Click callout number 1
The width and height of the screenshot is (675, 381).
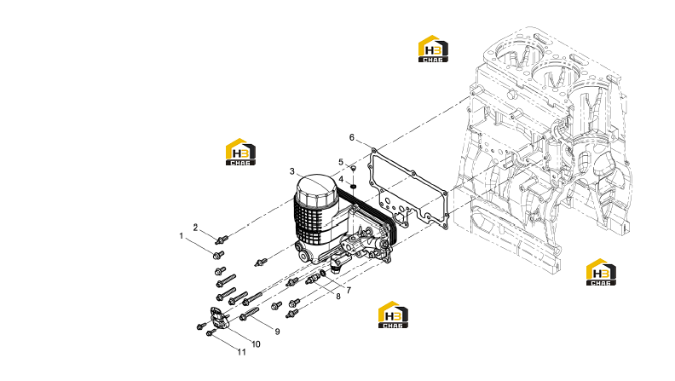pos(182,236)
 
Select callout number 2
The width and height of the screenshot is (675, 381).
pos(195,228)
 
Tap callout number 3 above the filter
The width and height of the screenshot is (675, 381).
pos(291,172)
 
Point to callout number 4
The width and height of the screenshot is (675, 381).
pos(341,179)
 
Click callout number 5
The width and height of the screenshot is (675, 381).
pos(341,162)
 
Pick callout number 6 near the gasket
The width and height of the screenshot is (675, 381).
pos(352,137)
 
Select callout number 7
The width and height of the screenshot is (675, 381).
pos(349,290)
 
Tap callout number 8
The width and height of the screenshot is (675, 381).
pos(338,296)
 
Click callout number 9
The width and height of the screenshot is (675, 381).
pos(277,331)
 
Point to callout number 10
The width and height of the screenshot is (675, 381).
pos(256,344)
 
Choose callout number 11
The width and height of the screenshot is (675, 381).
pos(242,352)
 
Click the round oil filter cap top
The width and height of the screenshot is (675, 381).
pos(317,186)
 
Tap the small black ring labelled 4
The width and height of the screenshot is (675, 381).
pos(353,186)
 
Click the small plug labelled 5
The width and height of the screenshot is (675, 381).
pos(353,167)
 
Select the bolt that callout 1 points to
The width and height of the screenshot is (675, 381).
pos(218,255)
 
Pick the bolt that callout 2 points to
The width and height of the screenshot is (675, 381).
pos(222,240)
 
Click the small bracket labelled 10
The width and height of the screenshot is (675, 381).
pos(219,317)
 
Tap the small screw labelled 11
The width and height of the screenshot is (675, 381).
pos(211,332)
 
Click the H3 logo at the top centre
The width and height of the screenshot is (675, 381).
pos(433,49)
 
